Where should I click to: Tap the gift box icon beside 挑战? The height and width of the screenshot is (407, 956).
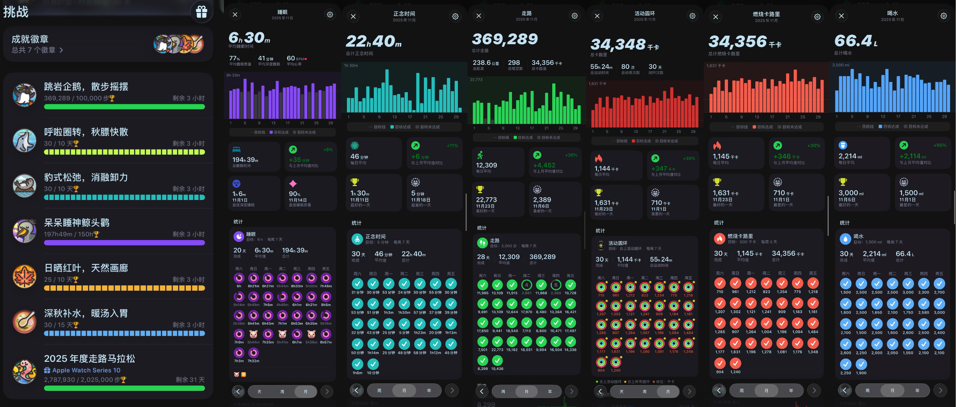(x=202, y=12)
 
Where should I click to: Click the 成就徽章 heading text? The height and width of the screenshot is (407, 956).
(x=30, y=39)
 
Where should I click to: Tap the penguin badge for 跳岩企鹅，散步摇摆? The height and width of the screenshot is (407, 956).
(x=24, y=95)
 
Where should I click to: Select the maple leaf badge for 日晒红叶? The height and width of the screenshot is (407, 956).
(x=24, y=276)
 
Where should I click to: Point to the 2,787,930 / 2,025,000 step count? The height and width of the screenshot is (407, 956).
(x=85, y=380)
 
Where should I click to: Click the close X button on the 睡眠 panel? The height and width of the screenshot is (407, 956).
(x=235, y=15)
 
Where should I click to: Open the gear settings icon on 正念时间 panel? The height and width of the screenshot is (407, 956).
(x=455, y=17)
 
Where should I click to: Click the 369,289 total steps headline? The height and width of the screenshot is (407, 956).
(x=505, y=39)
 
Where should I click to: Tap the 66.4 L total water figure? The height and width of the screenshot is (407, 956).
(x=855, y=41)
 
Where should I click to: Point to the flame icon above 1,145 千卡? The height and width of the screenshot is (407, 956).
(x=717, y=145)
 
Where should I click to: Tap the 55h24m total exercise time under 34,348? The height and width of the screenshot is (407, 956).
(x=601, y=67)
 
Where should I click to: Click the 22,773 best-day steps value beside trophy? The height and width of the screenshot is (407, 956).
(x=486, y=199)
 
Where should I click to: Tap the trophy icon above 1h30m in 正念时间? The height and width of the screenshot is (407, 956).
(x=355, y=182)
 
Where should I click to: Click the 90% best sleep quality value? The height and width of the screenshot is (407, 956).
(x=295, y=194)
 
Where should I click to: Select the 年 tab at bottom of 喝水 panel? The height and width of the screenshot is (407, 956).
(x=917, y=390)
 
